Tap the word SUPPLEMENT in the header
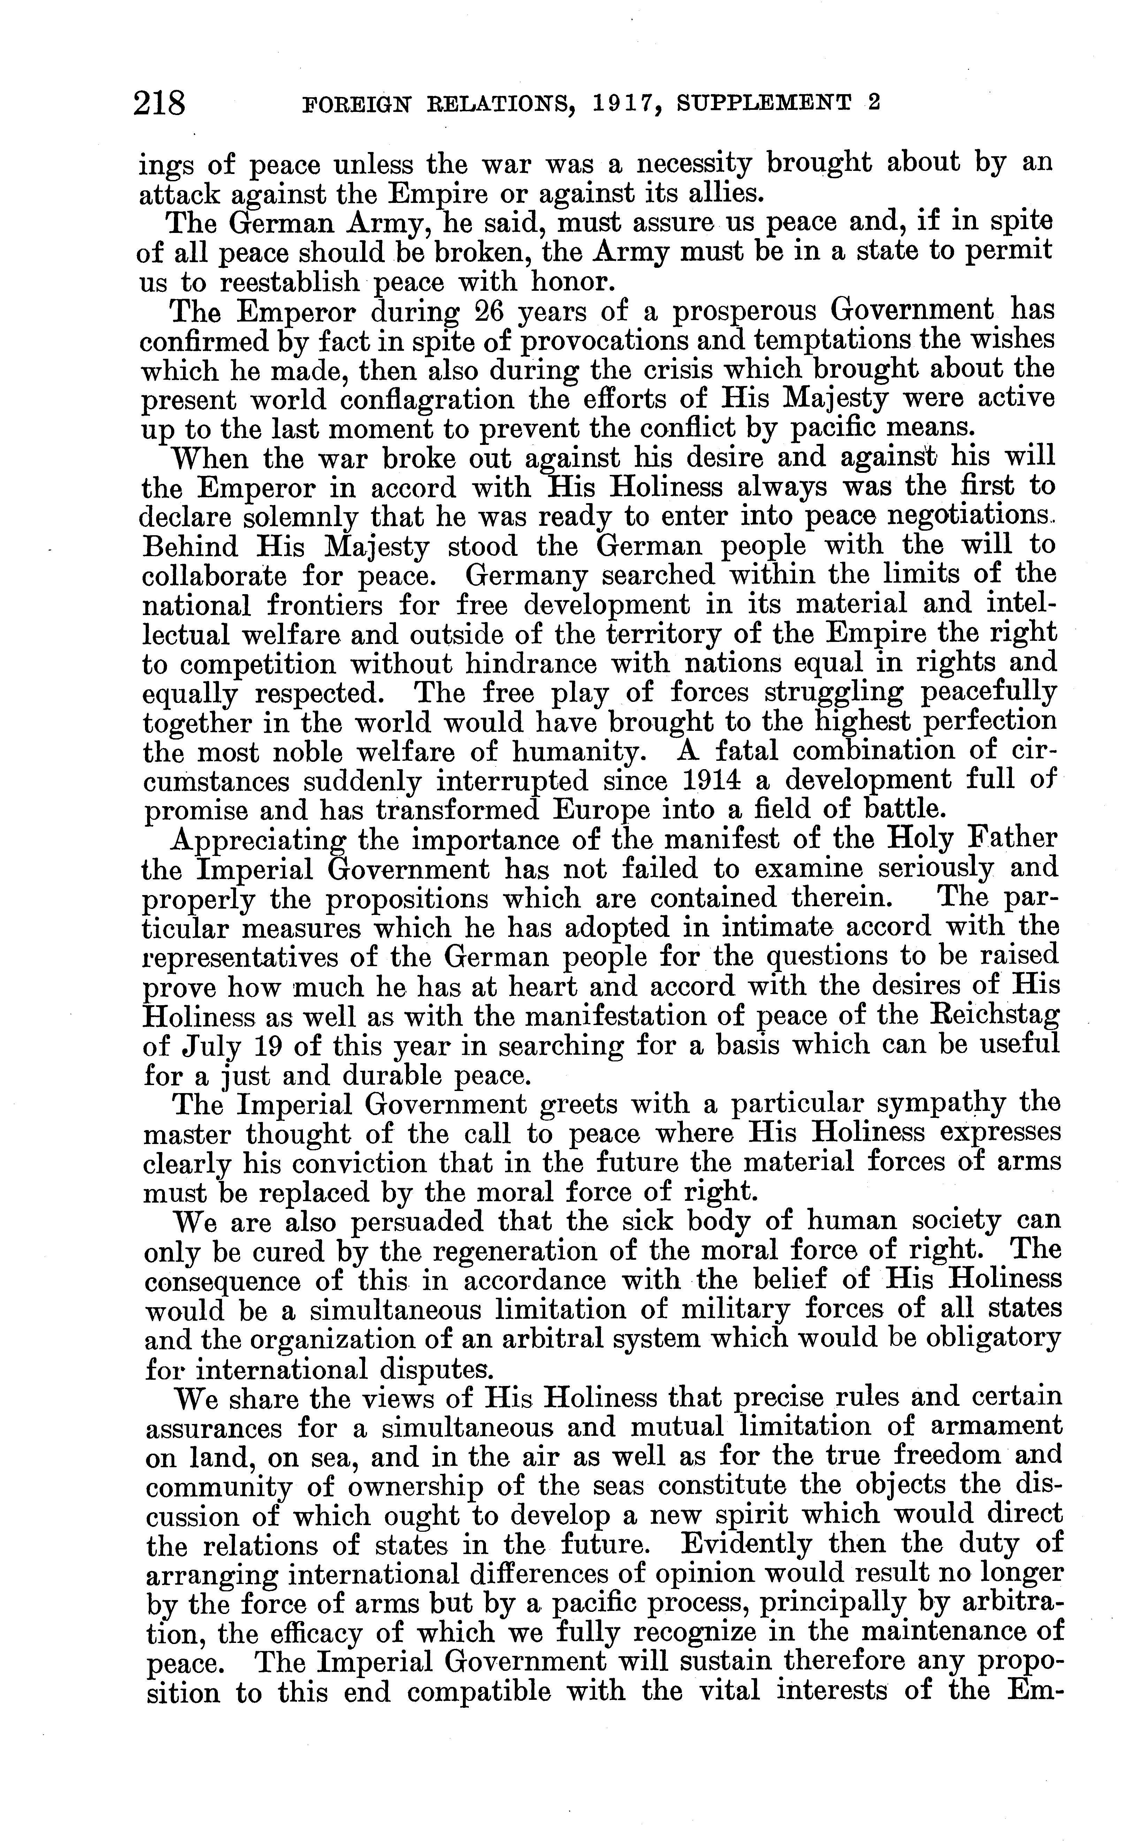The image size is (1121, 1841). click(763, 103)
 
